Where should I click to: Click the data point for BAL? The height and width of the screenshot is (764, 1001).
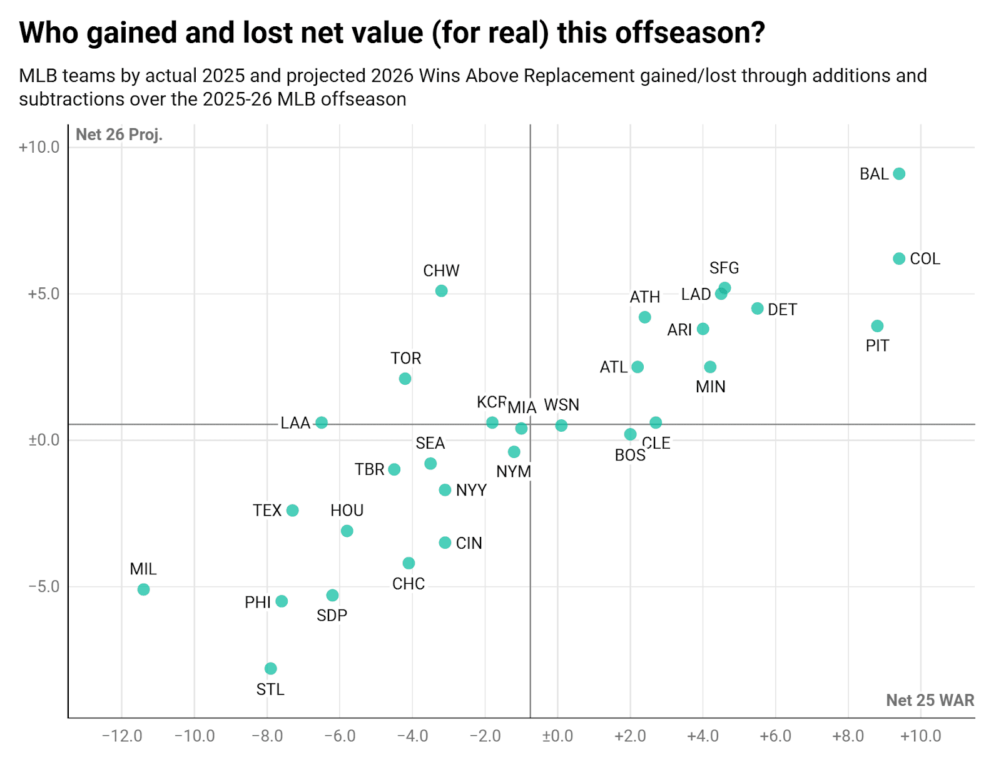tap(899, 174)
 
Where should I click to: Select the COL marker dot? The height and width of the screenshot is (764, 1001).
tap(899, 259)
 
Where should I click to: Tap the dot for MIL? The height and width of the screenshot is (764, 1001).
tap(143, 589)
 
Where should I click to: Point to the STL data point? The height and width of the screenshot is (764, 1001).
tap(270, 669)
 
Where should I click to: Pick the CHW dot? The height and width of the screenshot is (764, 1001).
tap(441, 291)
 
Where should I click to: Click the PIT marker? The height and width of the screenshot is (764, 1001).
tap(877, 326)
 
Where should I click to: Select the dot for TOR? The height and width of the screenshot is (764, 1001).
tap(405, 379)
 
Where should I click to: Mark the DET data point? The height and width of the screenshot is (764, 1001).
tap(757, 308)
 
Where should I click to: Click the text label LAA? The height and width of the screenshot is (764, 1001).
tap(295, 423)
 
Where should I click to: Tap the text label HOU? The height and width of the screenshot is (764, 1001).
tap(347, 511)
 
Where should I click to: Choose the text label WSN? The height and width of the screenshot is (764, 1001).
tap(561, 405)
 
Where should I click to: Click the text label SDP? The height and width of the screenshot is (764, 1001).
tap(332, 616)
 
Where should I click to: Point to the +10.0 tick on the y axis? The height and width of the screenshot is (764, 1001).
tap(39, 148)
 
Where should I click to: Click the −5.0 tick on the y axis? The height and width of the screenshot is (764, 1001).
tap(44, 587)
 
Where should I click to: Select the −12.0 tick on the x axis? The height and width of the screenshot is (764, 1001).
tap(122, 736)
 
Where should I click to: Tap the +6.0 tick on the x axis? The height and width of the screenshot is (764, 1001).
tap(776, 736)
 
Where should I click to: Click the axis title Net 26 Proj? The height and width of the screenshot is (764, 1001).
tap(119, 135)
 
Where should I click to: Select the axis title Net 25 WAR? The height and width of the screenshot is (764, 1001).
tap(930, 700)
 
